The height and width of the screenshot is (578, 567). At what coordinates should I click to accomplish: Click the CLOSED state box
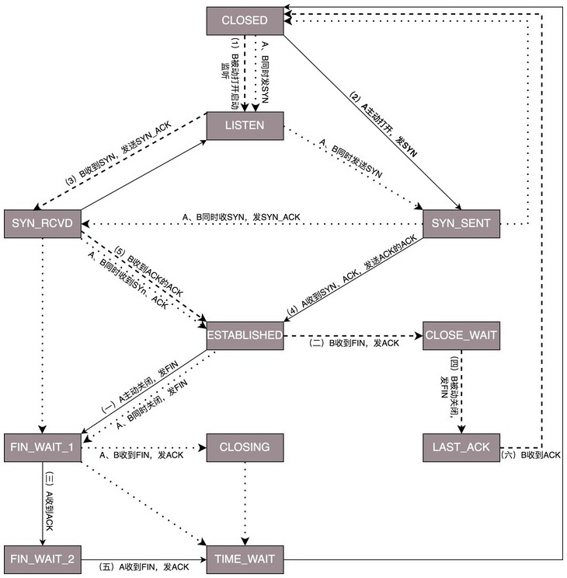pos(245,20)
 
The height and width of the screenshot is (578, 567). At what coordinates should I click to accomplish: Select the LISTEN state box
pos(245,124)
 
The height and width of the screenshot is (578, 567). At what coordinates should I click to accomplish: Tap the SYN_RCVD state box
pos(42,224)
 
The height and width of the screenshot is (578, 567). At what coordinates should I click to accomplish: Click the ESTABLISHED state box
pos(245,335)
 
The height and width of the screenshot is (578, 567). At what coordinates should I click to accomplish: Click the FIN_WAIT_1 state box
pos(42,447)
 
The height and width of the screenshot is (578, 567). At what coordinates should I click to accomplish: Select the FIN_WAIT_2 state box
pos(42,559)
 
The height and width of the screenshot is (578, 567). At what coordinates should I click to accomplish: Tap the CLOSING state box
pos(245,447)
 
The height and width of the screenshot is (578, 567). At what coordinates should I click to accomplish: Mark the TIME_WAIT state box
pos(245,559)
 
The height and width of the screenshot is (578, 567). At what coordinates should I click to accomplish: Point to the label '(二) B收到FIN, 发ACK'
pos(353,343)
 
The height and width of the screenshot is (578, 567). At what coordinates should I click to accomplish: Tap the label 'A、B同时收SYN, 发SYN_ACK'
pos(242,217)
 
